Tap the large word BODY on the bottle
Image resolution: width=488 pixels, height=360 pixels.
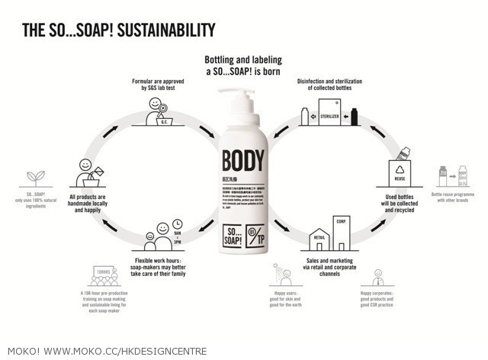pyautogui.click(x=244, y=162)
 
